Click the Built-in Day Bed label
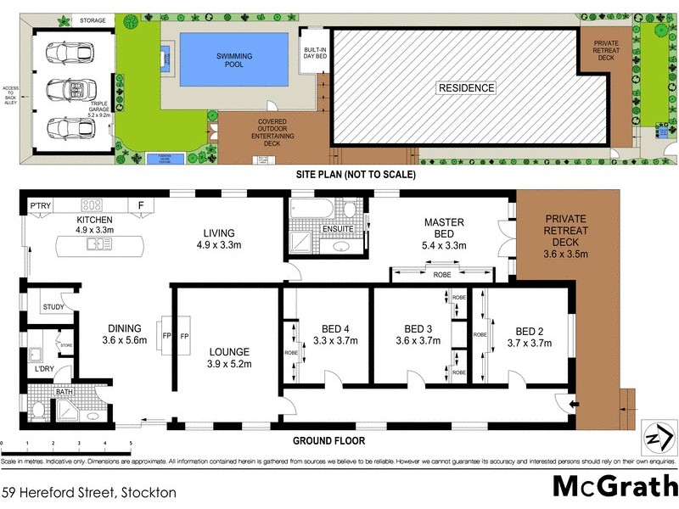pyautogui.click(x=315, y=53)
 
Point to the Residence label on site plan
pyautogui.click(x=466, y=88)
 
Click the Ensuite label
pyautogui.click(x=339, y=229)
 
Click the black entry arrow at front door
pyautogui.click(x=577, y=406)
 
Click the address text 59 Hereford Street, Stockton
pyautogui.click(x=89, y=492)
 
